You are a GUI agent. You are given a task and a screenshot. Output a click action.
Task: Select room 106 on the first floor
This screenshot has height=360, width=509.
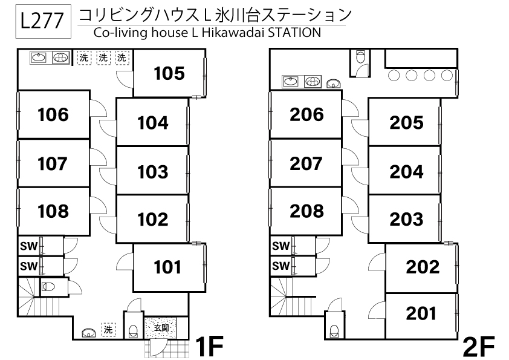(53, 114)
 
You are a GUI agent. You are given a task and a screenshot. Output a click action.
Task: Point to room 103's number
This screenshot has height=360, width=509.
(152, 171)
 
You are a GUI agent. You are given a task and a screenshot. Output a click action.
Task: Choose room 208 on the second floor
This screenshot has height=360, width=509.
(306, 211)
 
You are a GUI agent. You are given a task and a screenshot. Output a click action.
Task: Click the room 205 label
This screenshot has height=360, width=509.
(406, 122)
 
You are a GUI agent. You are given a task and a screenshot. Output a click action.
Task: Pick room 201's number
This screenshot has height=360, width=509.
(421, 313)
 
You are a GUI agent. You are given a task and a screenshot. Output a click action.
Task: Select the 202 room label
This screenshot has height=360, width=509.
(423, 266)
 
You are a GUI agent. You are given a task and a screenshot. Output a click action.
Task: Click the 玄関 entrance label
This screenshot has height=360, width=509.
(161, 328)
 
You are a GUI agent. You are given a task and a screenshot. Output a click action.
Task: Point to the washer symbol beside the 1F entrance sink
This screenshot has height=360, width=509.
(108, 330)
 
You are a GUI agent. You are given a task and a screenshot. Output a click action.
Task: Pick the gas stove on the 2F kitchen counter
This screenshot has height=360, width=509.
(312, 81)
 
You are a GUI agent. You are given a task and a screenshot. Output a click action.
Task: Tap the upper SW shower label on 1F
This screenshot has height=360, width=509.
(27, 246)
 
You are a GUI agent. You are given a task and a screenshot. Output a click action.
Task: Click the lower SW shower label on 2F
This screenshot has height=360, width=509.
(280, 266)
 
